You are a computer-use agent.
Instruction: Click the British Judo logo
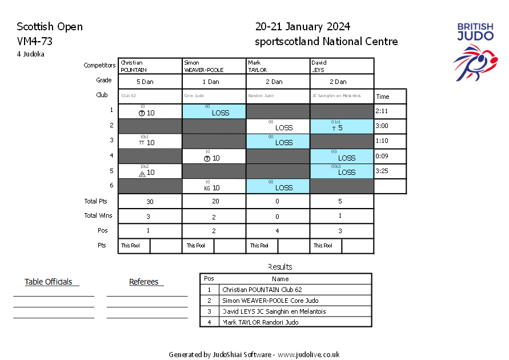click(x=475, y=50)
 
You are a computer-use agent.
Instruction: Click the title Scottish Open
click(x=50, y=27)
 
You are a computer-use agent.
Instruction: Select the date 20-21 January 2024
click(x=303, y=27)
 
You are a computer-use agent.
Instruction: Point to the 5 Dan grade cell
click(x=150, y=82)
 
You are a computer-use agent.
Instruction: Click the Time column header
click(x=383, y=97)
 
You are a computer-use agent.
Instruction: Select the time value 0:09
click(x=383, y=156)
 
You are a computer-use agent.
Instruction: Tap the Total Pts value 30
click(x=150, y=201)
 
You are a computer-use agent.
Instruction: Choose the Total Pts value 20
click(x=214, y=201)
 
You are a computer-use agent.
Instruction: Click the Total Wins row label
click(x=98, y=215)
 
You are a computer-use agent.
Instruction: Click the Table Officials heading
click(x=49, y=282)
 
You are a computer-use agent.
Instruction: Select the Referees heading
click(x=143, y=282)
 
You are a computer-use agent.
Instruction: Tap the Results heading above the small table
click(x=280, y=267)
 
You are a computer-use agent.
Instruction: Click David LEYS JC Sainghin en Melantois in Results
click(x=274, y=311)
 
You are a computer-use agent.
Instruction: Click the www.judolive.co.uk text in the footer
click(x=308, y=354)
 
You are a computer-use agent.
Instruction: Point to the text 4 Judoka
click(x=31, y=54)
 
